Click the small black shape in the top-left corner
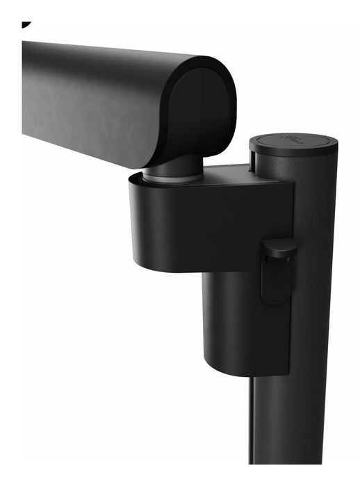click(26, 24)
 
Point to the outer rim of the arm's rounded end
click(227, 90)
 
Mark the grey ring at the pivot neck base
click(174, 178)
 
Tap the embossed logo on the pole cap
click(292, 139)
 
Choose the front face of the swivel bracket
click(222, 222)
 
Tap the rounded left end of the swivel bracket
click(139, 222)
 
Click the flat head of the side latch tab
click(279, 249)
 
